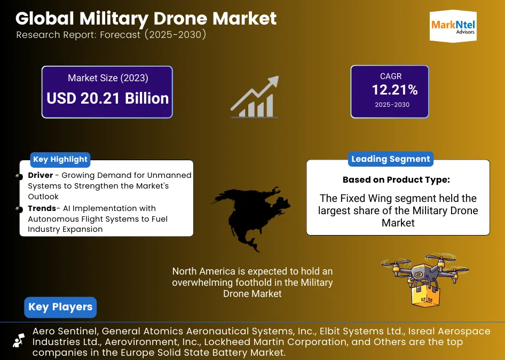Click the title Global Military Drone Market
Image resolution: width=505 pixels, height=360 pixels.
point(146,18)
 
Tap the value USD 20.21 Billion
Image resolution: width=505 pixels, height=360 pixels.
point(107,98)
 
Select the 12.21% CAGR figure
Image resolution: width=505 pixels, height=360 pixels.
point(394,90)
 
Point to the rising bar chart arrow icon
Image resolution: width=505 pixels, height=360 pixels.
point(255,97)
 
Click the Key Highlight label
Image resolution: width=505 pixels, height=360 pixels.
point(60,159)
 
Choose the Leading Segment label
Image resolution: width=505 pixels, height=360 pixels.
point(390,159)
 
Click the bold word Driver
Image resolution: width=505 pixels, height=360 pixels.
point(41,175)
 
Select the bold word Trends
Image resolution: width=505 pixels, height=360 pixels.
point(42,208)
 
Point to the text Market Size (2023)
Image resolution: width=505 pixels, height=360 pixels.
point(108,78)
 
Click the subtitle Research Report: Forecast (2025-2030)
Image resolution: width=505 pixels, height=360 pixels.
point(111,35)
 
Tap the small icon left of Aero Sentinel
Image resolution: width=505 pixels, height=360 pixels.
point(19,340)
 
